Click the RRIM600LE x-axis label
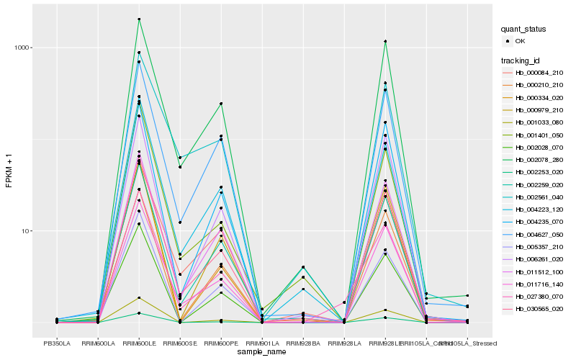(x=139, y=343)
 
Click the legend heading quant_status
(x=524, y=29)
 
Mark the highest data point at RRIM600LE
(x=139, y=19)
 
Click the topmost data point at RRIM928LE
(x=385, y=41)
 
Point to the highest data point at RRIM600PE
(x=221, y=104)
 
